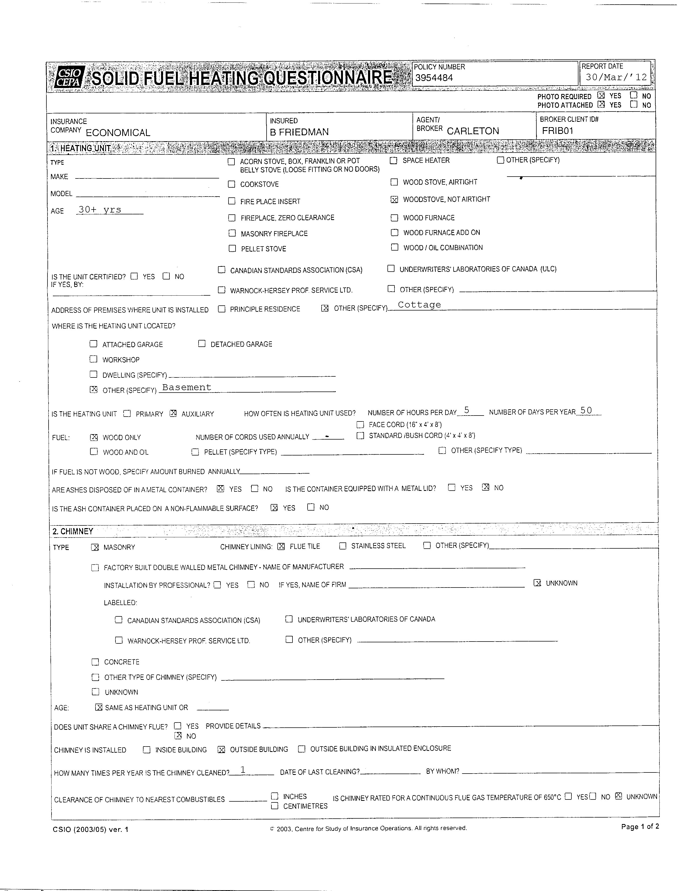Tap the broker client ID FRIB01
tap(558, 131)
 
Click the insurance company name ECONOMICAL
tap(118, 133)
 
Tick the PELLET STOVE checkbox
tap(232, 248)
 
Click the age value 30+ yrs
tap(100, 210)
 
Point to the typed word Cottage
tap(419, 305)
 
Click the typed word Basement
tap(187, 387)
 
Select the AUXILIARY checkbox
tap(173, 413)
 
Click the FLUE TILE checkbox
tap(281, 546)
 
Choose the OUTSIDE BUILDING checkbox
tap(221, 750)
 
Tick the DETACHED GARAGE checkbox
tap(202, 343)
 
